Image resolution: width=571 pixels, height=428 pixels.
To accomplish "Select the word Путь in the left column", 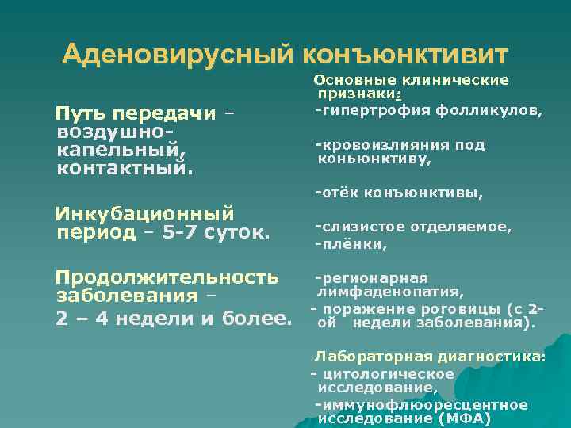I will pyautogui.click(x=79, y=113).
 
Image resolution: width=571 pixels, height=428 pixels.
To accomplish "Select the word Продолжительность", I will pyautogui.click(x=167, y=277).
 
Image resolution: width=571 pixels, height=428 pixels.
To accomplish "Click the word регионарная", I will pyautogui.click(x=374, y=278).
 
